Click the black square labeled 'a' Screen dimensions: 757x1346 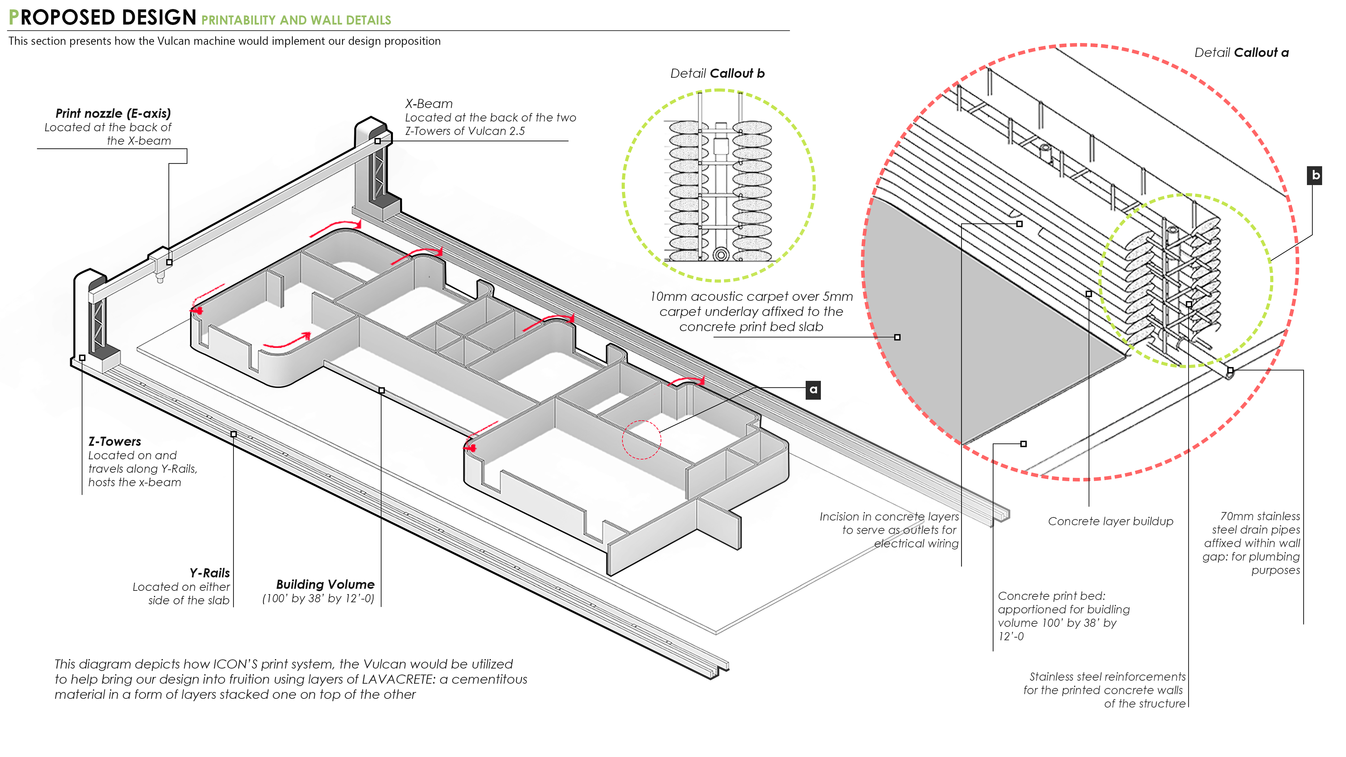[813, 390]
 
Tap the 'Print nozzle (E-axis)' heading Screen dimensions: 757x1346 [113, 114]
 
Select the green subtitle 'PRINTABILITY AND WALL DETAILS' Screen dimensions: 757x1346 [296, 20]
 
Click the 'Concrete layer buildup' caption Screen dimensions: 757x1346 [1110, 521]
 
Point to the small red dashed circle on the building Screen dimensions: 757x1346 [641, 440]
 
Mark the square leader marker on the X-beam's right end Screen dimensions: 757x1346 [377, 141]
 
